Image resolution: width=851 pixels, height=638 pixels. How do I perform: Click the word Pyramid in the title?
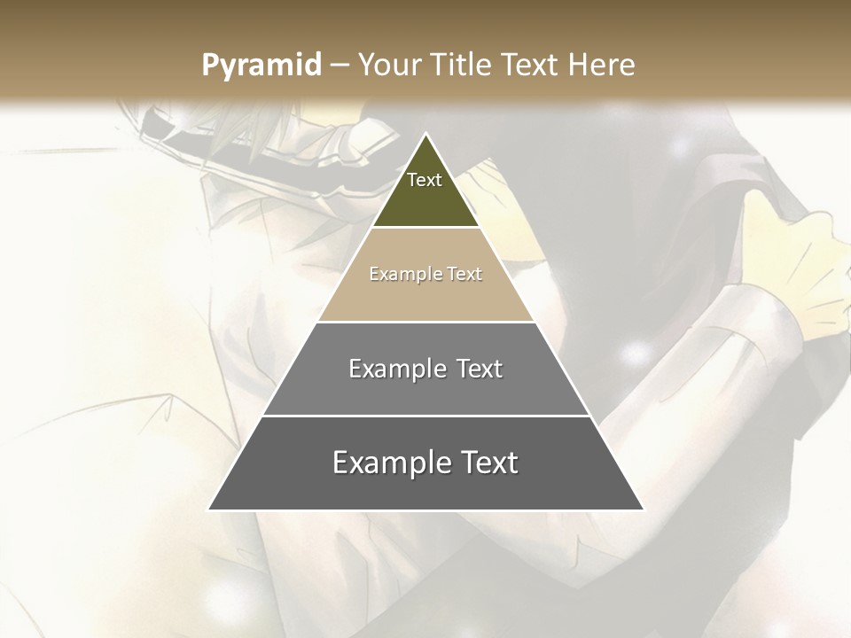(261, 66)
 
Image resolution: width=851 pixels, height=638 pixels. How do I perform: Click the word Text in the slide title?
(531, 65)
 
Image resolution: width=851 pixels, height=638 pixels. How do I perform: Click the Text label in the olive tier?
(425, 180)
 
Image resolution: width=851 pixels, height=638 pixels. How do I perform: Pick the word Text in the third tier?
(479, 369)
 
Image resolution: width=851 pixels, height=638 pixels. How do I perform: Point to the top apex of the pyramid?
(425, 134)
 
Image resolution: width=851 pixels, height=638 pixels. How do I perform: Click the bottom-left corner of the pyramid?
(209, 510)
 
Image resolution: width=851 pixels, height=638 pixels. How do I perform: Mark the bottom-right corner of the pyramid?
(643, 510)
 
